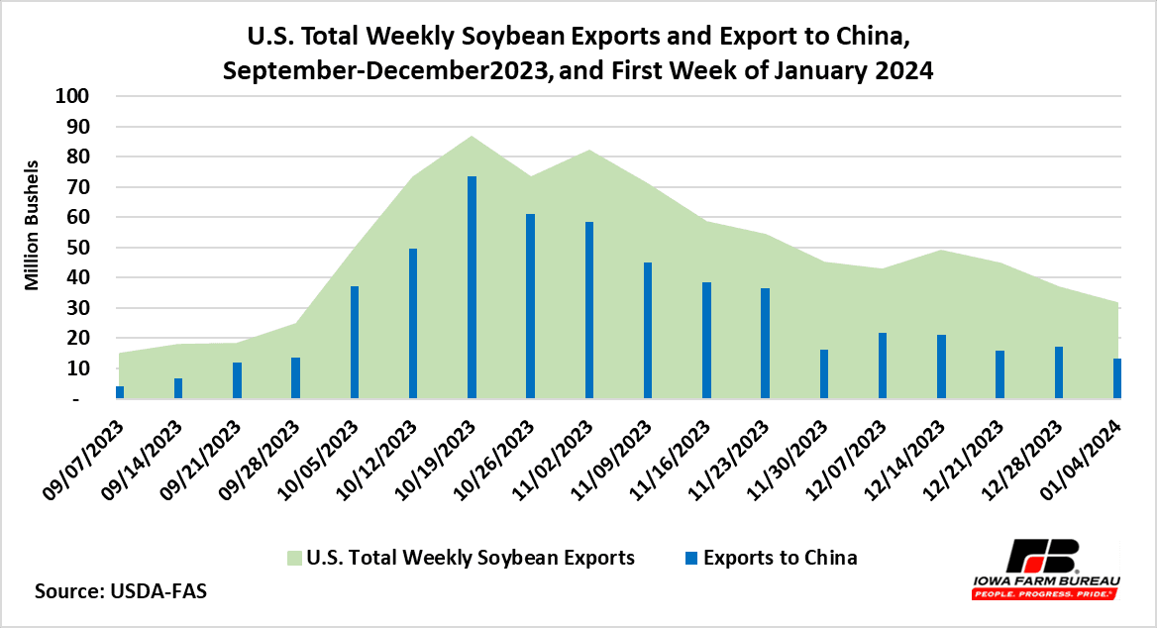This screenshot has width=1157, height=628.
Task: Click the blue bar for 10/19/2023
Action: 472,287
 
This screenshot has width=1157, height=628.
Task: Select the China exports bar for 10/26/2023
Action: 530,306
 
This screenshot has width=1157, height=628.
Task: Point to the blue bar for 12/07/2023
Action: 882,366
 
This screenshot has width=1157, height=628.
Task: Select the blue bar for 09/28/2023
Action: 295,377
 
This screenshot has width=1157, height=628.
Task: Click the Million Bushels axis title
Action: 32,225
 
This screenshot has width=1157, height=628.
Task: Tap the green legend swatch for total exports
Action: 295,558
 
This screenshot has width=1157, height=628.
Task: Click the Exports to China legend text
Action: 780,558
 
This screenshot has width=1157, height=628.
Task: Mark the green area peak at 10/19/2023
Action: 472,138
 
